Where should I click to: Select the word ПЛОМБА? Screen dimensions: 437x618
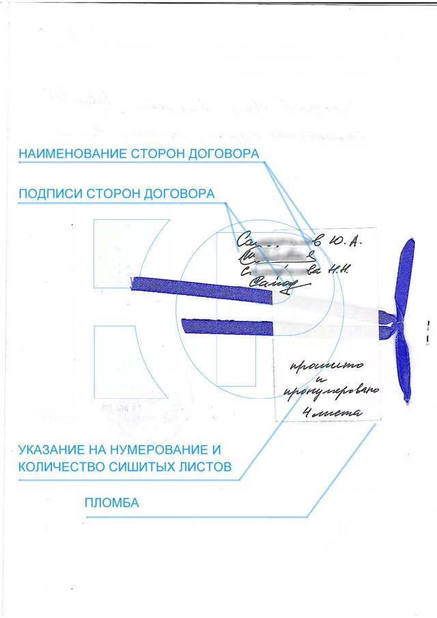(112, 503)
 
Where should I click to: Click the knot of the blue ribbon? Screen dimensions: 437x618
(394, 320)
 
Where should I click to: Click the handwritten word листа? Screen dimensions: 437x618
(337, 412)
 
